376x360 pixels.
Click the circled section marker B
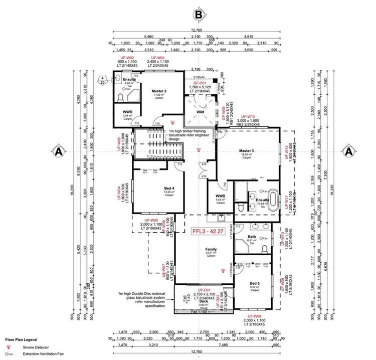click(199, 16)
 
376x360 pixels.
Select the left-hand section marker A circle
click(59, 150)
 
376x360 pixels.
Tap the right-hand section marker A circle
click(347, 150)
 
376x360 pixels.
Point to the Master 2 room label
click(159, 91)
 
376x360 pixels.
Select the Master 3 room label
click(246, 152)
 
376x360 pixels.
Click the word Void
click(200, 112)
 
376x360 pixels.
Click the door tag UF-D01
click(204, 290)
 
